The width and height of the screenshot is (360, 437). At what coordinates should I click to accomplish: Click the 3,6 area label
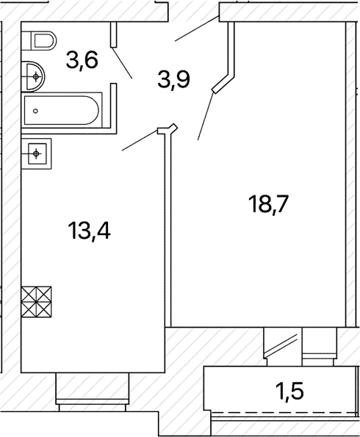82,61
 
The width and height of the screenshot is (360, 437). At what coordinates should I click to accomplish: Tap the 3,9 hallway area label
173,79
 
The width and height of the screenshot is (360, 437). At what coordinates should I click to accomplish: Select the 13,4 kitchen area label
89,230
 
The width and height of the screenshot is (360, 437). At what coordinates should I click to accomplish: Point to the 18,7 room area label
269,204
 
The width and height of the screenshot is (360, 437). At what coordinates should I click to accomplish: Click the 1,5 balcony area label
289,391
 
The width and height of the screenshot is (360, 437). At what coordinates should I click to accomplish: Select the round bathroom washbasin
33,76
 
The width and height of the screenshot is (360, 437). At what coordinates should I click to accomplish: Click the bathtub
62,110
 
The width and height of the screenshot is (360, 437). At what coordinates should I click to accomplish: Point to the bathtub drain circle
35,111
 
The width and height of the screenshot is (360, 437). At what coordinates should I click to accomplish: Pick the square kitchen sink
37,154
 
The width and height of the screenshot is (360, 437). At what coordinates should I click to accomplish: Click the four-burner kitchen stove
37,302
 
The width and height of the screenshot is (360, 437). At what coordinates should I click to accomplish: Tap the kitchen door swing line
140,140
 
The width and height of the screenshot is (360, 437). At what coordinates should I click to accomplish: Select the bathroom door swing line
122,62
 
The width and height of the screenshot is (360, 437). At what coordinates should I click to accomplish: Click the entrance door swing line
197,29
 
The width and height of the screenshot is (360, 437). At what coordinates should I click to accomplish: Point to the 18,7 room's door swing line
206,115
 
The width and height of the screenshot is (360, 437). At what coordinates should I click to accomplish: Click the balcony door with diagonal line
283,347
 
